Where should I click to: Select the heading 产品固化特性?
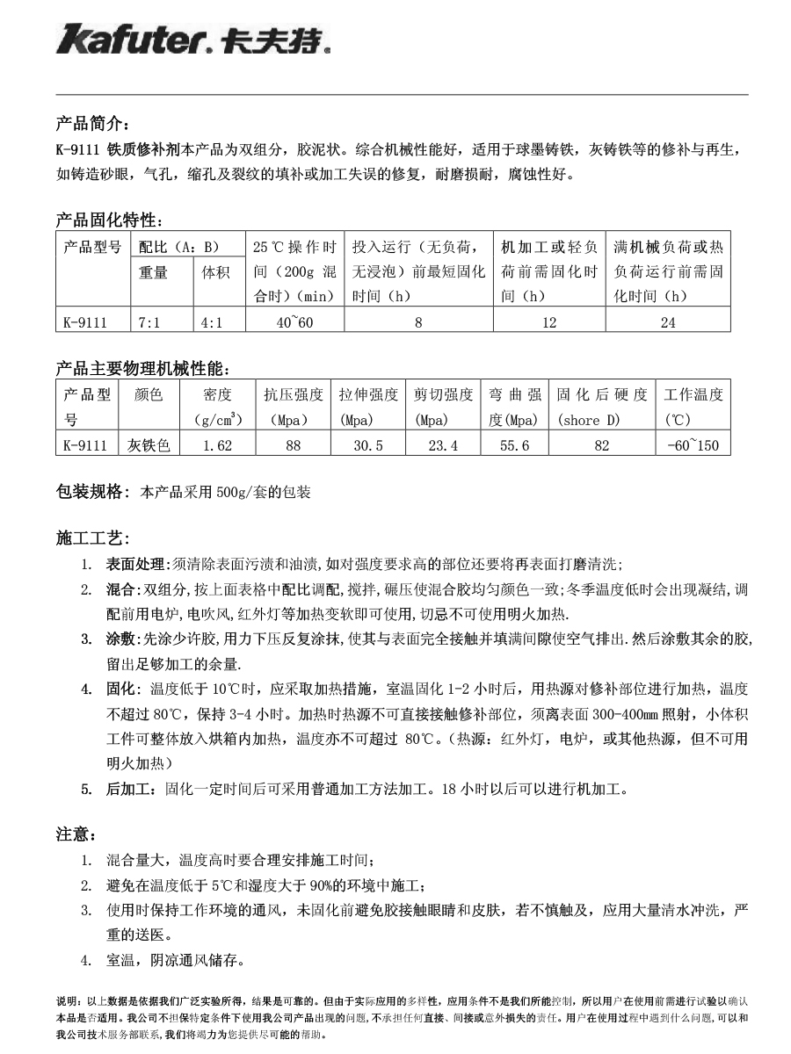(x=106, y=219)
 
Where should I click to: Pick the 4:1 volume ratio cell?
(x=211, y=322)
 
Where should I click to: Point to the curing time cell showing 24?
(x=668, y=322)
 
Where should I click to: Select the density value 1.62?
(x=217, y=445)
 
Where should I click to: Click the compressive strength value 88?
(x=294, y=445)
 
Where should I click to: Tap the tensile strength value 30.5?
(x=368, y=445)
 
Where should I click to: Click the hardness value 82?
(x=602, y=445)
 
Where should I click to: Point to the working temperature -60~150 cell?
(x=693, y=445)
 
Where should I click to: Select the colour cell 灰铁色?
(x=149, y=445)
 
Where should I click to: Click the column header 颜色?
(x=149, y=395)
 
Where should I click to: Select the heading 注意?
(x=76, y=834)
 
